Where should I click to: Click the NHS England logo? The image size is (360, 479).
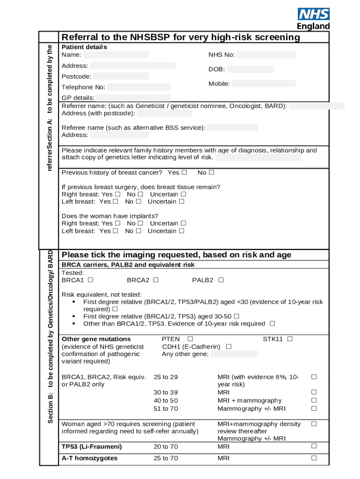[313, 19]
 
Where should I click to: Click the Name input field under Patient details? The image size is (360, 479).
[119, 55]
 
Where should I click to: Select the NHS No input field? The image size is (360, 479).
[266, 55]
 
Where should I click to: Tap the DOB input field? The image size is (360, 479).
[250, 69]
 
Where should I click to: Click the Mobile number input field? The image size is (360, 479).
[263, 84]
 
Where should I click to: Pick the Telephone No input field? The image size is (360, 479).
[138, 87]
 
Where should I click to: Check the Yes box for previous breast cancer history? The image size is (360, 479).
[184, 173]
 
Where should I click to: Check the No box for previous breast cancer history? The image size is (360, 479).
[211, 173]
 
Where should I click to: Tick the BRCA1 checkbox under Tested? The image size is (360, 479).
[90, 280]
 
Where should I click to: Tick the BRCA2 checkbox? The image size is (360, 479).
[156, 280]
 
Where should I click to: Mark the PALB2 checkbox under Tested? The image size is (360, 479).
[221, 280]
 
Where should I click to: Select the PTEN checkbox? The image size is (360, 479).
[190, 339]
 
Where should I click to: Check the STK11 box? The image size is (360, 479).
[290, 339]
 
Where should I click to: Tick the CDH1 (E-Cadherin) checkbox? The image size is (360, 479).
[229, 347]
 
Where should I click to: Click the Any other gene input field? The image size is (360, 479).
[234, 354]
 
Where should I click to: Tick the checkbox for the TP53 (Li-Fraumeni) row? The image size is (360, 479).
[314, 446]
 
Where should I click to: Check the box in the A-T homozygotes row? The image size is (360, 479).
[314, 458]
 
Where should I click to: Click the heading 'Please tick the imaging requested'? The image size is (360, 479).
[176, 255]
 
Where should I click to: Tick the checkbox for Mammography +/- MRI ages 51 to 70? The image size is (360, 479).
[314, 408]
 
